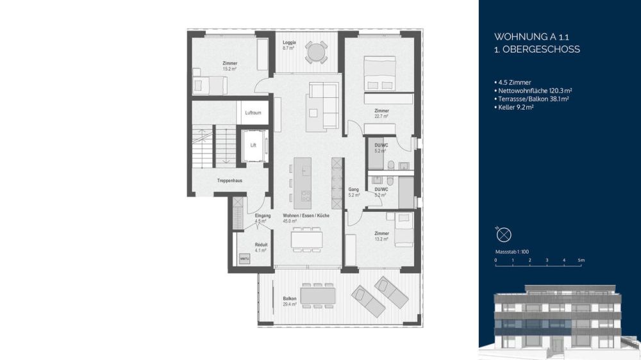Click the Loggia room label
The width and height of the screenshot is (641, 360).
288,42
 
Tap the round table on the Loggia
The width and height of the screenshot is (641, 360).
315,52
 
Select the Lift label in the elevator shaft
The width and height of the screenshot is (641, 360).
253,145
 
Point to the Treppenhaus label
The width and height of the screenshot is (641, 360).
229,181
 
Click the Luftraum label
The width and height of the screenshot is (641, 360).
253,113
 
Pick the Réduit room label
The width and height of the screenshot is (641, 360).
261,244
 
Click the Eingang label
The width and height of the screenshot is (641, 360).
263,216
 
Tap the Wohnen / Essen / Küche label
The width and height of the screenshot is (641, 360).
306,216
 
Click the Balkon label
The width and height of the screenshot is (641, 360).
289,299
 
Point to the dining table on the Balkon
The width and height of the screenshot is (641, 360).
318,295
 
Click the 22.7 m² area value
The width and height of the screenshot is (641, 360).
382,117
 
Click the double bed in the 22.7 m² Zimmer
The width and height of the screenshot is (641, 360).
379,73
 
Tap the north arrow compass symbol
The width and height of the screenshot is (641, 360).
504,234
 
